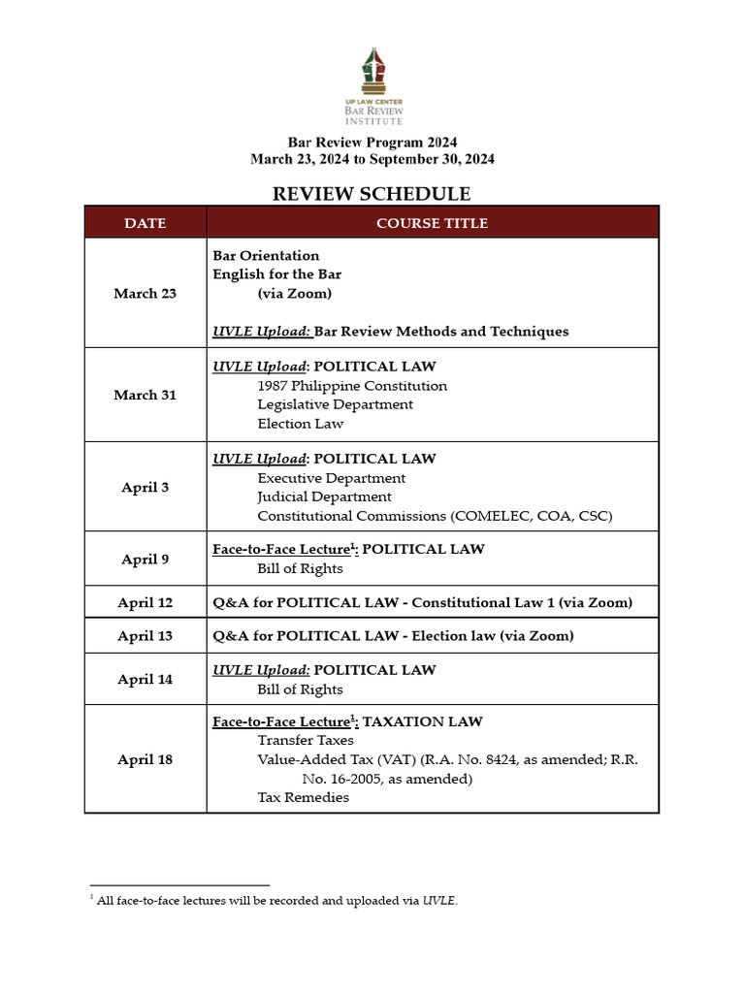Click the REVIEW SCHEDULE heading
[372, 194]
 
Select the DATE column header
[146, 223]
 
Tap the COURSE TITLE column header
[432, 223]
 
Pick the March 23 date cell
[146, 293]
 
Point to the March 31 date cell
[146, 395]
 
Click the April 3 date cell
[146, 487]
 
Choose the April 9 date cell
[146, 559]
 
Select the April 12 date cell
[146, 602]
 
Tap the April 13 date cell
[146, 636]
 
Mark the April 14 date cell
[146, 679]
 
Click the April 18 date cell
[146, 759]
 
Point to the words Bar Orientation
[266, 256]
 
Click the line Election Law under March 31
[300, 424]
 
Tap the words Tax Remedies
[303, 797]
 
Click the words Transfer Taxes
[306, 741]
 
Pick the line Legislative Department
[335, 404]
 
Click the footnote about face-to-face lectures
[277, 901]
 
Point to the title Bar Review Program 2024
[372, 142]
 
